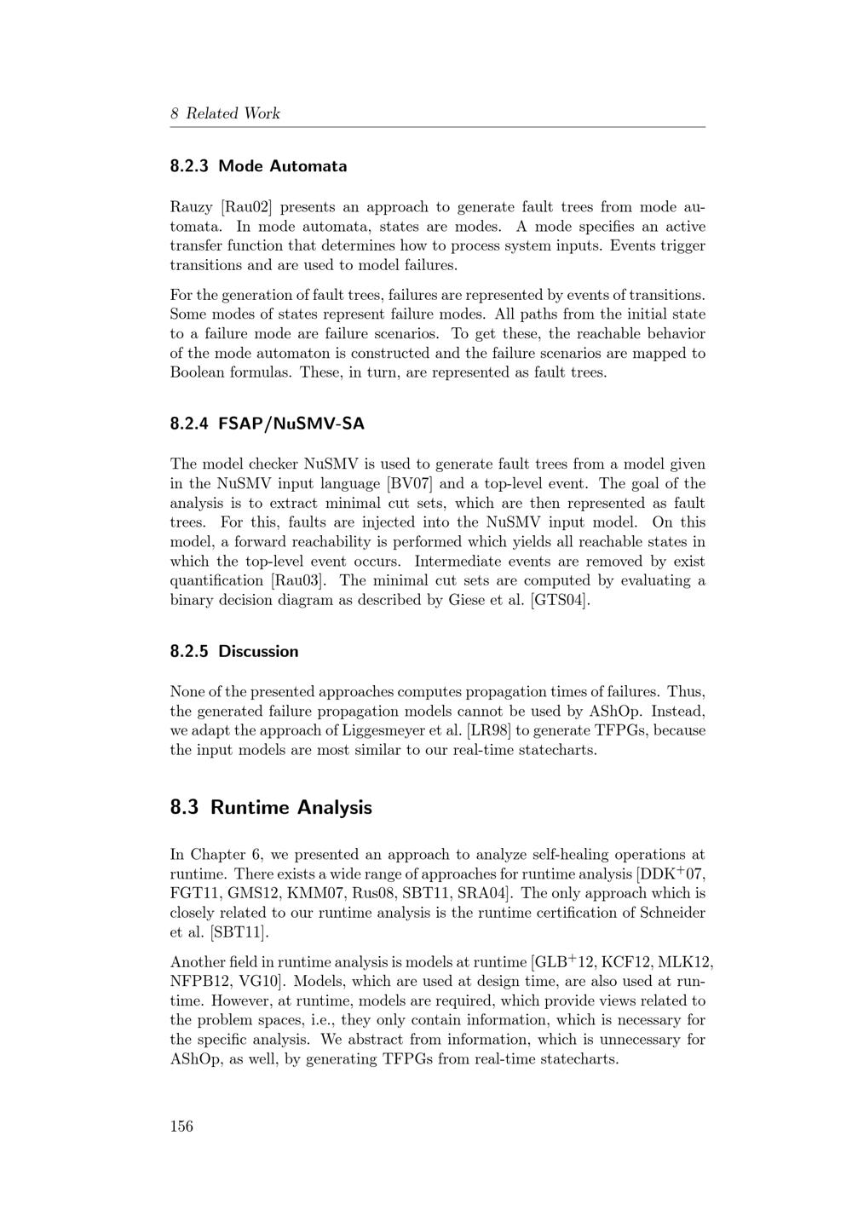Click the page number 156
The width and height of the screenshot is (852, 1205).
click(181, 1126)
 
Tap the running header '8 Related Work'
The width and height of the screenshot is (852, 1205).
click(225, 113)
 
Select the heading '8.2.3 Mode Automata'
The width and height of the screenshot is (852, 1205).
click(258, 166)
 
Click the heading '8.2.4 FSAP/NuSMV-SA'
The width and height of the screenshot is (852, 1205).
click(267, 424)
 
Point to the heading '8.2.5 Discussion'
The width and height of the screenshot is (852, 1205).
click(234, 651)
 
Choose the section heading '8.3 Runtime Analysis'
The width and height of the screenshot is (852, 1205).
click(271, 807)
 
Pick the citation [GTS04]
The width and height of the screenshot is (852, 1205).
click(560, 601)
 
